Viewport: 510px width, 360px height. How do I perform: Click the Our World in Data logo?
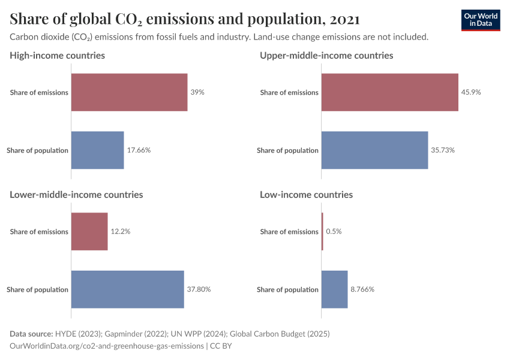coord(481,20)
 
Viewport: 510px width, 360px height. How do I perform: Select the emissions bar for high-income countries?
coord(129,92)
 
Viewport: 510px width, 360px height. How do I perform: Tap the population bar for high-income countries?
coord(97,150)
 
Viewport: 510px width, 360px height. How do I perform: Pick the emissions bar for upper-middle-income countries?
coord(389,92)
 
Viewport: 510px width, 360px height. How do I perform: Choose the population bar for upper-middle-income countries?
coord(374,150)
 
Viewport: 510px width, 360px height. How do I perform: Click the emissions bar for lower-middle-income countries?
coord(89,232)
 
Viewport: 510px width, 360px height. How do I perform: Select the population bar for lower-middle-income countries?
coord(127,289)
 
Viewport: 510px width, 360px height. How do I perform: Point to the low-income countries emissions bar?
coord(322,232)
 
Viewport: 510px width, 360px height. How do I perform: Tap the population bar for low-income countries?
coord(334,289)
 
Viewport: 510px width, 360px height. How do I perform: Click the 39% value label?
coord(197,92)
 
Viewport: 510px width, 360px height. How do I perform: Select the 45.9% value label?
coord(471,92)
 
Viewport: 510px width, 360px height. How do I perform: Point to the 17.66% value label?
coord(139,150)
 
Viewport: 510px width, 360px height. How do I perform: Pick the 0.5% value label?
coord(334,232)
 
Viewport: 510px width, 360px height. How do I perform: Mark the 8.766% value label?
coord(362,289)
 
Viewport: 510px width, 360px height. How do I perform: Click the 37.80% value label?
coord(199,289)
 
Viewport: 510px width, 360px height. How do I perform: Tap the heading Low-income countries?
coord(306,194)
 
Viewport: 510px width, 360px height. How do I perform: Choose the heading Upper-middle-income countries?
coord(326,55)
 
